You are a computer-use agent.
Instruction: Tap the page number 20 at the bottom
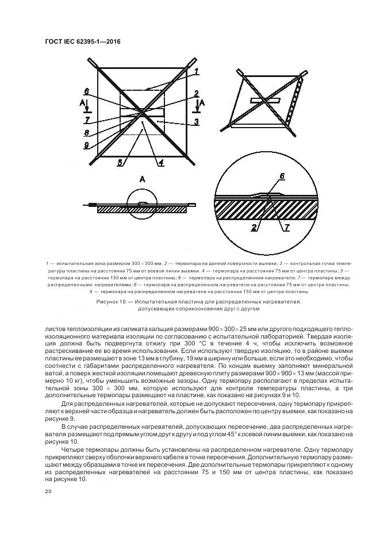tap(48, 491)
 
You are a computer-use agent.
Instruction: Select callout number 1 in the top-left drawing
tap(196, 71)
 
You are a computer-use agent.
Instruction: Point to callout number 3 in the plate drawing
tap(196, 121)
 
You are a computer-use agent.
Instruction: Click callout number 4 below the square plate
tap(161, 163)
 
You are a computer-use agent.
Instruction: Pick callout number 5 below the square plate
tap(120, 163)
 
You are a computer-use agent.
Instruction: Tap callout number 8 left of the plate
tap(86, 132)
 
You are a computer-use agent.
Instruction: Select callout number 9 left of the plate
tap(86, 145)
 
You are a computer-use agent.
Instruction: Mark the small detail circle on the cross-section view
tap(143, 205)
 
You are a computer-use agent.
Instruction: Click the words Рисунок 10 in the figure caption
tap(113, 301)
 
